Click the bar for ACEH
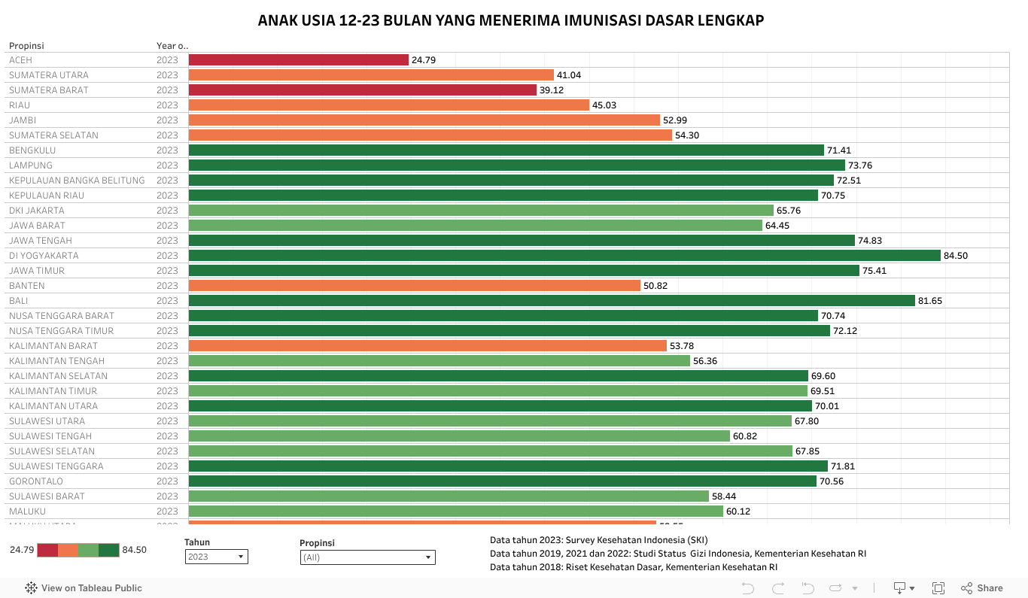click(x=298, y=60)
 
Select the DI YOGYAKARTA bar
click(x=564, y=256)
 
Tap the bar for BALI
click(x=552, y=301)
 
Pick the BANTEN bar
click(x=414, y=286)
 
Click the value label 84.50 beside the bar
click(x=956, y=256)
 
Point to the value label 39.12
click(x=552, y=90)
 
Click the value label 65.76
click(x=789, y=211)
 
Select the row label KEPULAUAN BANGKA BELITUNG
click(x=77, y=181)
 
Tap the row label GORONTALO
click(x=36, y=481)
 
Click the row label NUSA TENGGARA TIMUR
click(x=62, y=331)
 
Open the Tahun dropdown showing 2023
click(x=216, y=557)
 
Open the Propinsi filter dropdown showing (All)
click(x=367, y=557)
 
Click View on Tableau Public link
click(x=84, y=588)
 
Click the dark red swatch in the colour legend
click(x=47, y=550)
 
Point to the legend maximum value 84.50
click(x=135, y=550)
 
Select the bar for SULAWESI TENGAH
click(x=459, y=436)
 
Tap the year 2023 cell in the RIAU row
click(x=167, y=105)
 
